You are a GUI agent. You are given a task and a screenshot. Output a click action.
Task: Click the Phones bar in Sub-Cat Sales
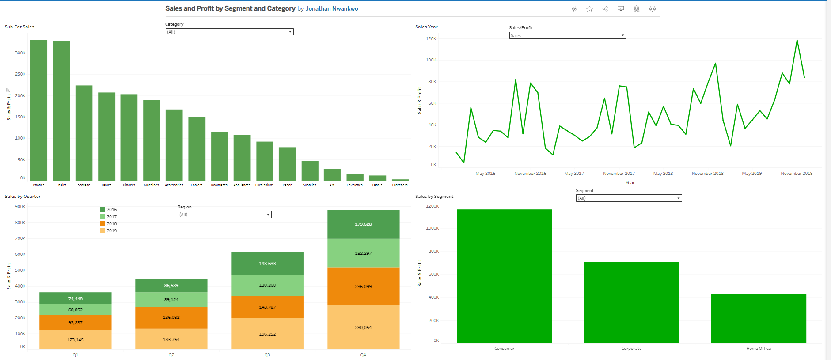pyautogui.click(x=38, y=110)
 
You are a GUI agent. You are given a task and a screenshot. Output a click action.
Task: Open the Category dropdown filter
pyautogui.click(x=229, y=32)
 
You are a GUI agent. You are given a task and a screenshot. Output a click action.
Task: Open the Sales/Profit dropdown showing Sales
pyautogui.click(x=567, y=35)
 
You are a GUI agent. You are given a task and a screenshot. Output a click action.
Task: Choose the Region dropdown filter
pyautogui.click(x=224, y=215)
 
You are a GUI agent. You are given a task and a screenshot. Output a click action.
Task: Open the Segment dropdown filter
pyautogui.click(x=628, y=198)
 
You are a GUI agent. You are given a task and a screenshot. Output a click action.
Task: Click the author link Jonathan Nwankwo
pyautogui.click(x=332, y=9)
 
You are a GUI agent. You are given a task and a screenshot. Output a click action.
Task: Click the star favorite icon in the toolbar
pyautogui.click(x=589, y=9)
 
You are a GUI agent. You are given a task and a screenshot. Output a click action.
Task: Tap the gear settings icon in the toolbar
pyautogui.click(x=652, y=9)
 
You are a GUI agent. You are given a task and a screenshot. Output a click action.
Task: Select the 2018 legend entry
pyautogui.click(x=111, y=224)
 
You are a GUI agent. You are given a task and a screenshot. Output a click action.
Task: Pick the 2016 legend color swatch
pyautogui.click(x=102, y=210)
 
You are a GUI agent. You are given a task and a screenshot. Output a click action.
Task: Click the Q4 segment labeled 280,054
pyautogui.click(x=363, y=327)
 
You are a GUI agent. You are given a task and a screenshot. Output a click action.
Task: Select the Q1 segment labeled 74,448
pyautogui.click(x=75, y=299)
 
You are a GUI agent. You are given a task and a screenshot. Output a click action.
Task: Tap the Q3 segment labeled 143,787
pyautogui.click(x=267, y=307)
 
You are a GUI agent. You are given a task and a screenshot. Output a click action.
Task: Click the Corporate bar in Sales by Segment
pyautogui.click(x=631, y=303)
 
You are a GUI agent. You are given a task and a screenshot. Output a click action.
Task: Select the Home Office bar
pyautogui.click(x=758, y=318)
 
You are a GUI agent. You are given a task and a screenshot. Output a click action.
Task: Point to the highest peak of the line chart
pyautogui.click(x=797, y=41)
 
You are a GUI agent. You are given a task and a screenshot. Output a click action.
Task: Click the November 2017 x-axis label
pyautogui.click(x=619, y=174)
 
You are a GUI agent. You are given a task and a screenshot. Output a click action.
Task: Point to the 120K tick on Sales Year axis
pyautogui.click(x=431, y=39)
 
